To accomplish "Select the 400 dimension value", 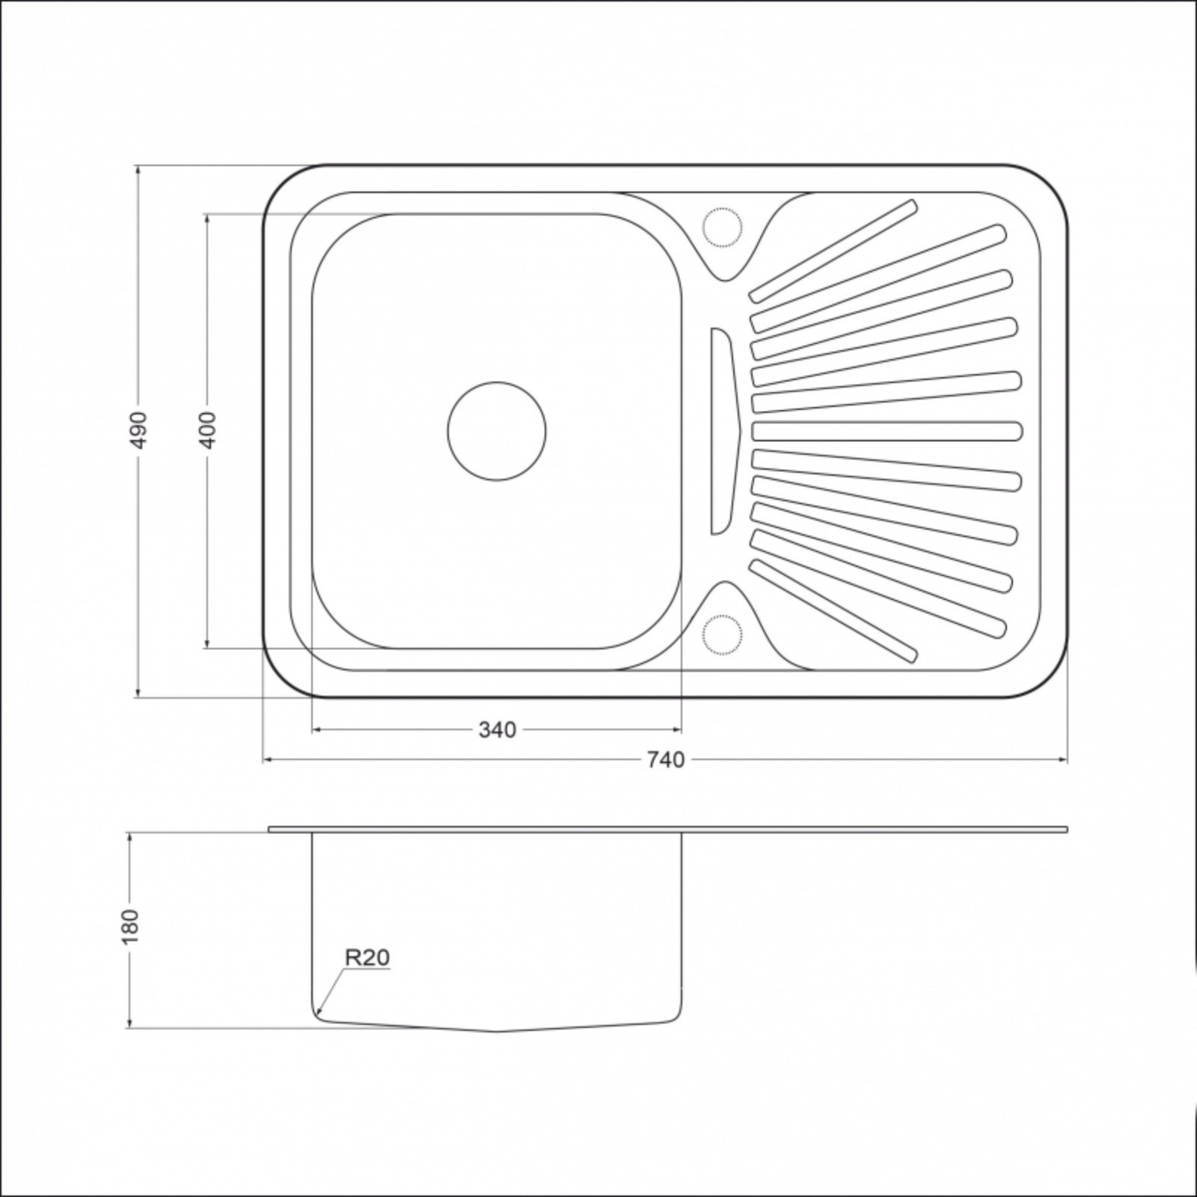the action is pyautogui.click(x=209, y=429).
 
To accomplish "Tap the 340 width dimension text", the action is pyautogui.click(x=498, y=729).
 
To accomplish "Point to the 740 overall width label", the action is pyautogui.click(x=665, y=760).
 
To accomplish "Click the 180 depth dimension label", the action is pyautogui.click(x=131, y=926).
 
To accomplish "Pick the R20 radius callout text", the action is pyautogui.click(x=367, y=958).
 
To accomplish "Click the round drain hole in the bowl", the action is pyautogui.click(x=497, y=430).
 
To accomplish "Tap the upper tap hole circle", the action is pyautogui.click(x=722, y=224).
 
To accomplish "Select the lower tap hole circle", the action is pyautogui.click(x=722, y=635).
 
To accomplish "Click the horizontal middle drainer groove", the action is pyautogui.click(x=887, y=431).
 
